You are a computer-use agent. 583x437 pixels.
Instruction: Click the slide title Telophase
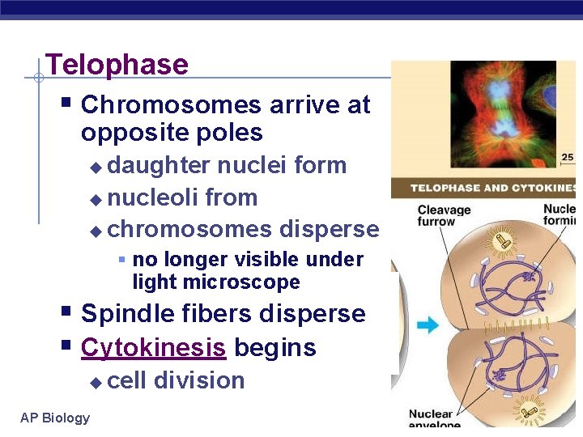pyautogui.click(x=117, y=65)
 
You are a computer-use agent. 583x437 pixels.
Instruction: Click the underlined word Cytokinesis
pyautogui.click(x=153, y=348)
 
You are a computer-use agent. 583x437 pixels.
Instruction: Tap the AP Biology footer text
pyautogui.click(x=55, y=418)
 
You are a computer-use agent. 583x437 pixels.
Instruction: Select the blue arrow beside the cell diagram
pyautogui.click(x=428, y=325)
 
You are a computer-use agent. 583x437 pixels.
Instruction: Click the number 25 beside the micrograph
pyautogui.click(x=568, y=158)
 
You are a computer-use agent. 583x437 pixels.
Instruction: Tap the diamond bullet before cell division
pyautogui.click(x=96, y=382)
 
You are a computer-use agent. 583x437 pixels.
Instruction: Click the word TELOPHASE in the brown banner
pyautogui.click(x=450, y=189)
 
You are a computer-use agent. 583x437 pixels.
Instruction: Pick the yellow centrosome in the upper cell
pyautogui.click(x=500, y=240)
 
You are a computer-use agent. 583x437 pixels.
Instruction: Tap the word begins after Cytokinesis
pyautogui.click(x=275, y=348)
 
